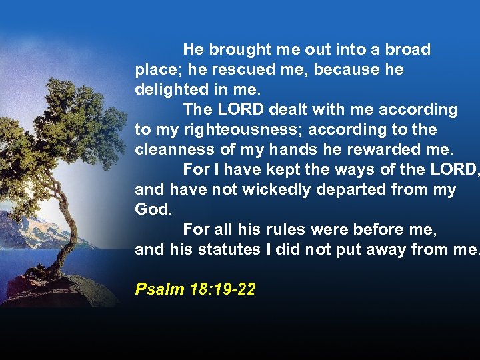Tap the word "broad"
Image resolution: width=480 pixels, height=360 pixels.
coord(408,49)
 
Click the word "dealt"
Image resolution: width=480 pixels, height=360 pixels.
coord(286,109)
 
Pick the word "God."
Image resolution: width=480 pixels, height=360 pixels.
coord(153,209)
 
